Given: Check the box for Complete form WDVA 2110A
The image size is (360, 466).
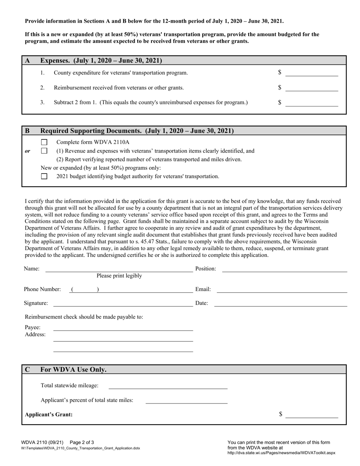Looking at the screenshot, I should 44,142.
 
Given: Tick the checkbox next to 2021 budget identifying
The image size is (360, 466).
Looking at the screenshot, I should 44,176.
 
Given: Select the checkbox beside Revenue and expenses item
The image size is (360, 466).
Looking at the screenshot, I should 44,151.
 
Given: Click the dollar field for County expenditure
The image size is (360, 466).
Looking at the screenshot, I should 311,73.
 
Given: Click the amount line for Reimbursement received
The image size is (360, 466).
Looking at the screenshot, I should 311,88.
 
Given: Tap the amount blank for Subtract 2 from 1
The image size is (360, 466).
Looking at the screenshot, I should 311,103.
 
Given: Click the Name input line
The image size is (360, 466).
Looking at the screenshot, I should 119,269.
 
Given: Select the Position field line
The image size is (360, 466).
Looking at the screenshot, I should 284,269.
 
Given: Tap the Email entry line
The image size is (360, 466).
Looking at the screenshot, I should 282,289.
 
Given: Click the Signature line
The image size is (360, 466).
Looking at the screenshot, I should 123,303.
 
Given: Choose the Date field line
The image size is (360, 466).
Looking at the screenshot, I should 280,303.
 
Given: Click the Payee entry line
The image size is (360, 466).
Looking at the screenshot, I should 123,328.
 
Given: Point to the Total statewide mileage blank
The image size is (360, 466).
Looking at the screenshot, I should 168,386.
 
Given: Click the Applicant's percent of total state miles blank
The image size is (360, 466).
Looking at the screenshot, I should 186,400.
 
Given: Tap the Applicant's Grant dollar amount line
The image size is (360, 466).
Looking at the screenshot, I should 311,415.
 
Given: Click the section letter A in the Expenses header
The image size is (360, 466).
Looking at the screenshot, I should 28,61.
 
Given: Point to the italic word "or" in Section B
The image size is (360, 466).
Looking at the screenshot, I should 28,151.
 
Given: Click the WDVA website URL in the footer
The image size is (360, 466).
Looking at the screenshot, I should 281,453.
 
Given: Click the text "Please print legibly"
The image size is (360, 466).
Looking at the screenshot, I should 119,276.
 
